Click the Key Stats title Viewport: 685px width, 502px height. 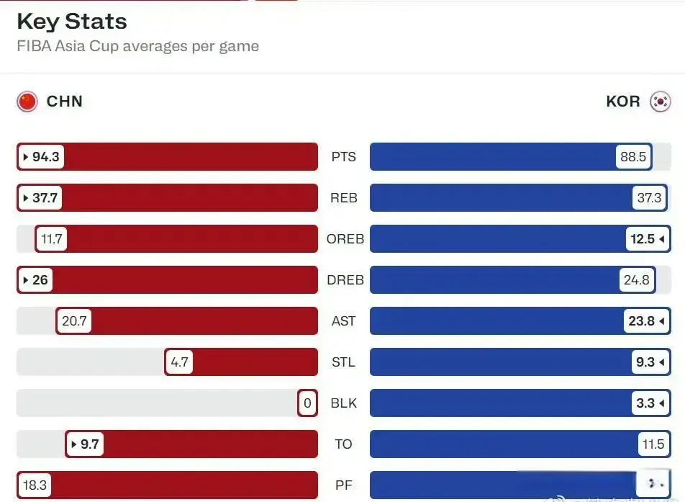72,21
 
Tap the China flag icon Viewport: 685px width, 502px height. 27,102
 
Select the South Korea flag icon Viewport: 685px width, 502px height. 660,102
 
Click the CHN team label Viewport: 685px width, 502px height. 65,102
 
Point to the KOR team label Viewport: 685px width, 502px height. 623,102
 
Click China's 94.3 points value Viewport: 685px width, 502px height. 42,157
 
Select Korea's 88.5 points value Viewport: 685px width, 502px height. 633,157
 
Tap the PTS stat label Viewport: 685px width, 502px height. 344,157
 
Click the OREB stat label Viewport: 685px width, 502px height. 345,239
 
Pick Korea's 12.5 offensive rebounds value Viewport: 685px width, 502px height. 645,239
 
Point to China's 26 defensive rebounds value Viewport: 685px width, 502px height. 36,280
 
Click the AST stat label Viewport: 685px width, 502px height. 344,321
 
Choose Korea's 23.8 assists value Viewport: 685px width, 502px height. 645,321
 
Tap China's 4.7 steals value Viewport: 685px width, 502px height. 179,362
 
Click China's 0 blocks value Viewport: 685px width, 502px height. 307,403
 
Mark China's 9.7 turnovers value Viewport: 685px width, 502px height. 85,444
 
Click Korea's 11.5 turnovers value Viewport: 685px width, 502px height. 653,444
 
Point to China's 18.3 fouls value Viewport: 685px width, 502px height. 35,485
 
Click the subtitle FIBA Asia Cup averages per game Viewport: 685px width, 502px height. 138,46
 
